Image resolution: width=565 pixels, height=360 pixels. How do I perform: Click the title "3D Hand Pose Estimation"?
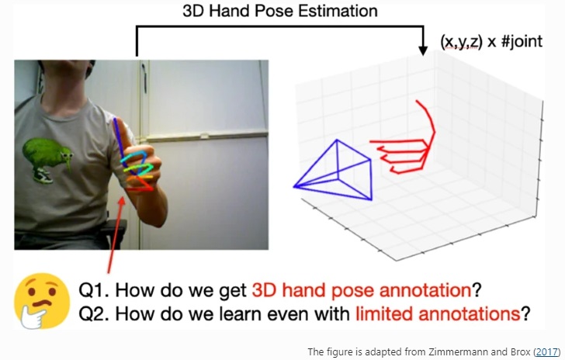pos(280,11)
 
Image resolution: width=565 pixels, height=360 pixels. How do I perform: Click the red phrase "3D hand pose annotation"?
pos(362,291)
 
